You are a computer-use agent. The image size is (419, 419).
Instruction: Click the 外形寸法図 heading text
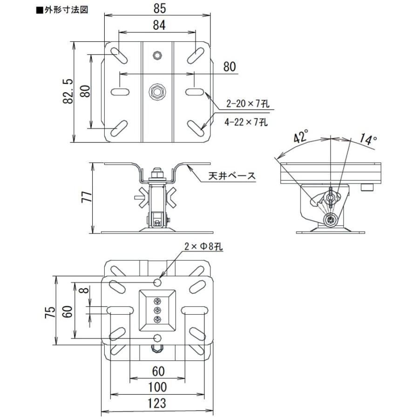click(65, 8)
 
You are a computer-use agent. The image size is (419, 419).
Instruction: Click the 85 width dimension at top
click(159, 8)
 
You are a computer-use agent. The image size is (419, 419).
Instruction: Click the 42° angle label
click(301, 138)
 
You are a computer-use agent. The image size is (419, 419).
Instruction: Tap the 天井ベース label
click(232, 176)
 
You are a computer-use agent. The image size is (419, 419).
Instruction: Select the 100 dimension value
click(158, 387)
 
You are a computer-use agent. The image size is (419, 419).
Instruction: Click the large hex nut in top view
click(157, 92)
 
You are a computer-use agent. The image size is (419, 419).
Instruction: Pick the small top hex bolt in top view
click(157, 56)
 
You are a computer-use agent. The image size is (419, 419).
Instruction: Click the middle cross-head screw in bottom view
click(157, 310)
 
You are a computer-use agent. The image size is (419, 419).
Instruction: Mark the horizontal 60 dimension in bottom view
click(158, 371)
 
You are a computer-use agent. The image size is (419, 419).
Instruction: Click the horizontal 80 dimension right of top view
click(230, 66)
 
